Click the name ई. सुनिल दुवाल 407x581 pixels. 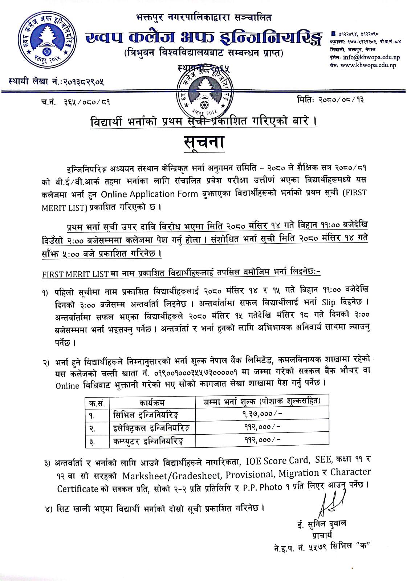point(321,524)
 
